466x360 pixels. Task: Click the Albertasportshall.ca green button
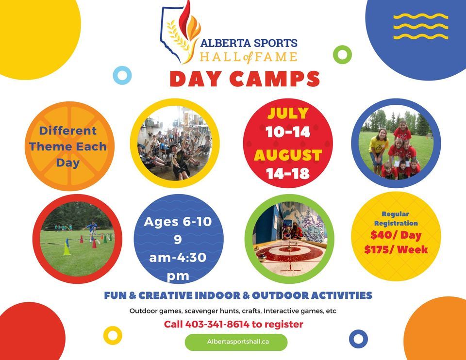(236, 342)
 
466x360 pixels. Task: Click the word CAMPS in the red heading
(275, 79)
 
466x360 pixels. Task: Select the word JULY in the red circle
(288, 114)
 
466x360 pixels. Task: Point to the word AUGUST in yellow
(288, 155)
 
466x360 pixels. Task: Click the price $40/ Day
(396, 236)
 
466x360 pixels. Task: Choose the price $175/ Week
(396, 250)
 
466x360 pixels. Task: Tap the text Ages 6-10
(178, 222)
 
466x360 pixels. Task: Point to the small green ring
(342, 54)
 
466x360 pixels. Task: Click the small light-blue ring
(122, 75)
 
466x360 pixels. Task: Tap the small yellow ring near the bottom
(113, 335)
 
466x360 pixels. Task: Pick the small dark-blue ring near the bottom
(358, 338)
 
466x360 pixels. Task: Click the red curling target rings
(290, 251)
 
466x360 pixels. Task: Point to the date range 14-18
(288, 174)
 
